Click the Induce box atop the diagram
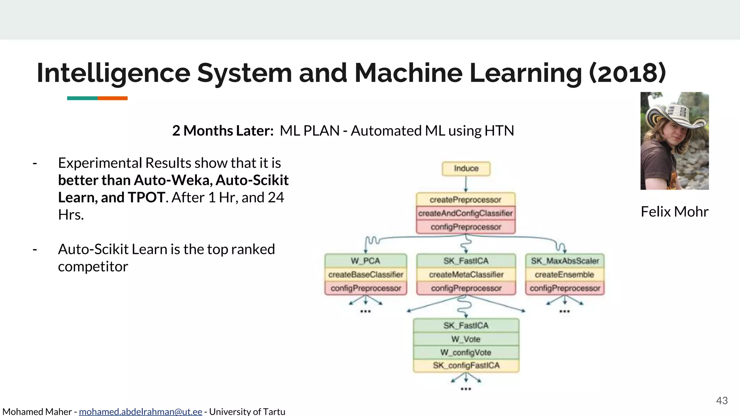[x=466, y=169]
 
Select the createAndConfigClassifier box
[x=465, y=213]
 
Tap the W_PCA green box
[x=365, y=261]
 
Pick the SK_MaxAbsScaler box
[x=565, y=261]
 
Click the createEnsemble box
[x=564, y=275]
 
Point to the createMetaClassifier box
[x=466, y=275]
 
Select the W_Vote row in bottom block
[x=466, y=339]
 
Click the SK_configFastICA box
[x=466, y=365]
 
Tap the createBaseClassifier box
[x=366, y=275]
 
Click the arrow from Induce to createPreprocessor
[x=466, y=184]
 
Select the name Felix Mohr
[x=674, y=212]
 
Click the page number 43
[x=722, y=400]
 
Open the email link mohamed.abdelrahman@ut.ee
[x=140, y=412]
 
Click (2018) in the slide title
[x=627, y=73]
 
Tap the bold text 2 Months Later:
[x=223, y=131]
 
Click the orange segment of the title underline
[x=112, y=98]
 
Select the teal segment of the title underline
[x=82, y=98]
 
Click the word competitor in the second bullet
[x=93, y=267]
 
